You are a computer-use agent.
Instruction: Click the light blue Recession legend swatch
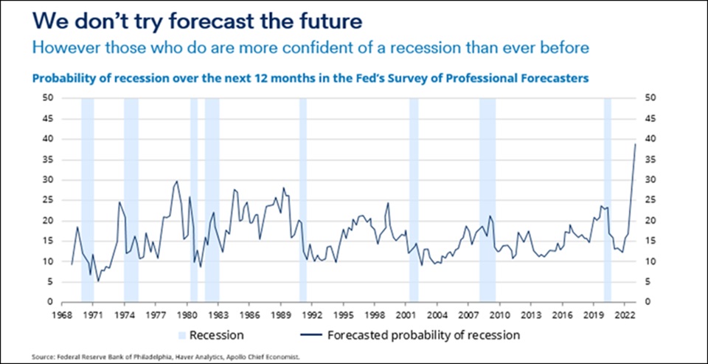[182, 335]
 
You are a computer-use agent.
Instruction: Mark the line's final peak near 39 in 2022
[635, 143]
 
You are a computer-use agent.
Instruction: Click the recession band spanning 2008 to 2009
[487, 199]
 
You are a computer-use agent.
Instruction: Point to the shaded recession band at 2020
[608, 199]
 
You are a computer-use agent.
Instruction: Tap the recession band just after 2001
[414, 199]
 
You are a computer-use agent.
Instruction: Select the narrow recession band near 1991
[302, 199]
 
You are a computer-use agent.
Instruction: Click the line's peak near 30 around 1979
[176, 182]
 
